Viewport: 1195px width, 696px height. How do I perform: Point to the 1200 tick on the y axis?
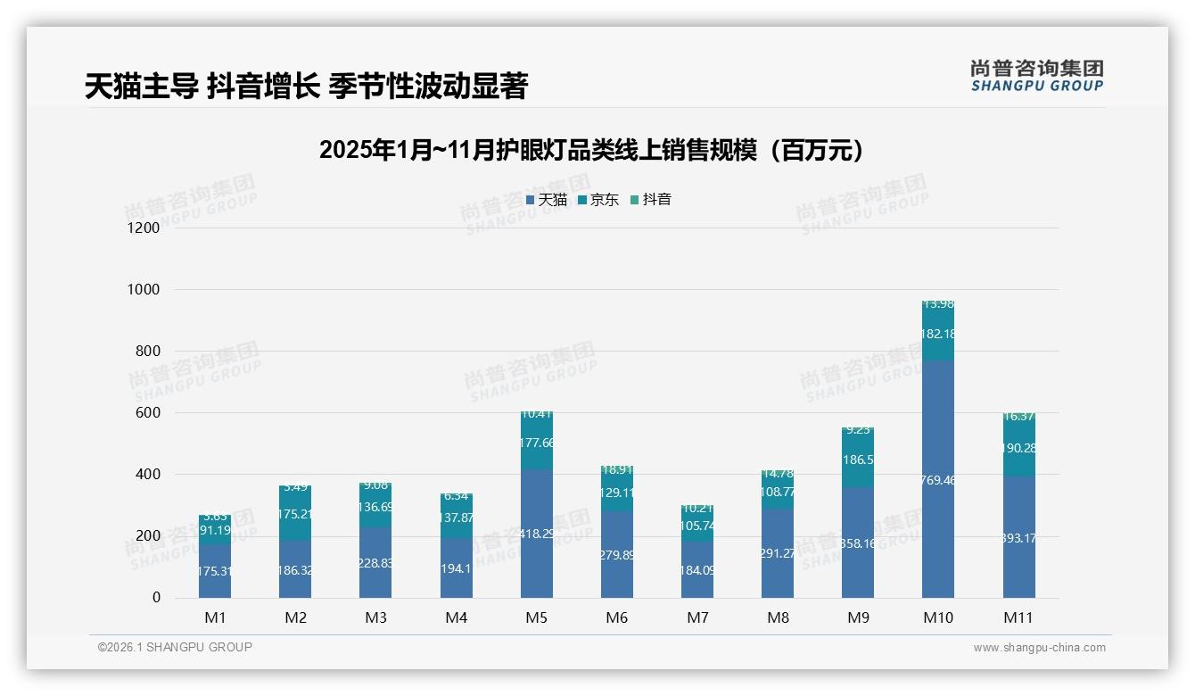tap(143, 228)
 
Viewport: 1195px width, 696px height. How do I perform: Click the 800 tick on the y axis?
tap(148, 352)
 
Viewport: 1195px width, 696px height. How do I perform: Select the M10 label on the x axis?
tap(938, 617)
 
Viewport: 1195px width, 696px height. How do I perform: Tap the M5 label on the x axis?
tap(536, 617)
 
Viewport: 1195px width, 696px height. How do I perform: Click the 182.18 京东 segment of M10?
tap(938, 333)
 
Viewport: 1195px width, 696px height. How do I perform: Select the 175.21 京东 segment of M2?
tap(295, 513)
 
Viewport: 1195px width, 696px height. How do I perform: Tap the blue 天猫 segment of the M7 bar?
tap(697, 569)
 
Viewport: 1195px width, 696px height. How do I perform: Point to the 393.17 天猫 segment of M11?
tap(1018, 537)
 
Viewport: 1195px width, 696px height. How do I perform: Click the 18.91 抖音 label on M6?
tap(617, 469)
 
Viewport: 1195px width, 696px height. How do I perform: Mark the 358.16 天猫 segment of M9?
tap(858, 543)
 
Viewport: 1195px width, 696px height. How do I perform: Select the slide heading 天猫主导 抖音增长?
tap(307, 86)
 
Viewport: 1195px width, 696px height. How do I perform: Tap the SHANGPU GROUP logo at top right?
tap(1036, 75)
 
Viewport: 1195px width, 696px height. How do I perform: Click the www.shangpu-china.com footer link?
tap(1039, 648)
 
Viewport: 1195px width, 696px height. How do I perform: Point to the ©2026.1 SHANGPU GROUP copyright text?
tap(175, 647)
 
